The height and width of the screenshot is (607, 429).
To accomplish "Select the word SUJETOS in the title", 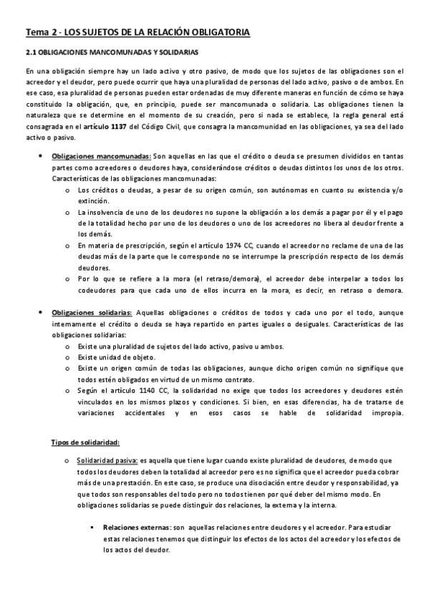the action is tap(103, 33).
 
